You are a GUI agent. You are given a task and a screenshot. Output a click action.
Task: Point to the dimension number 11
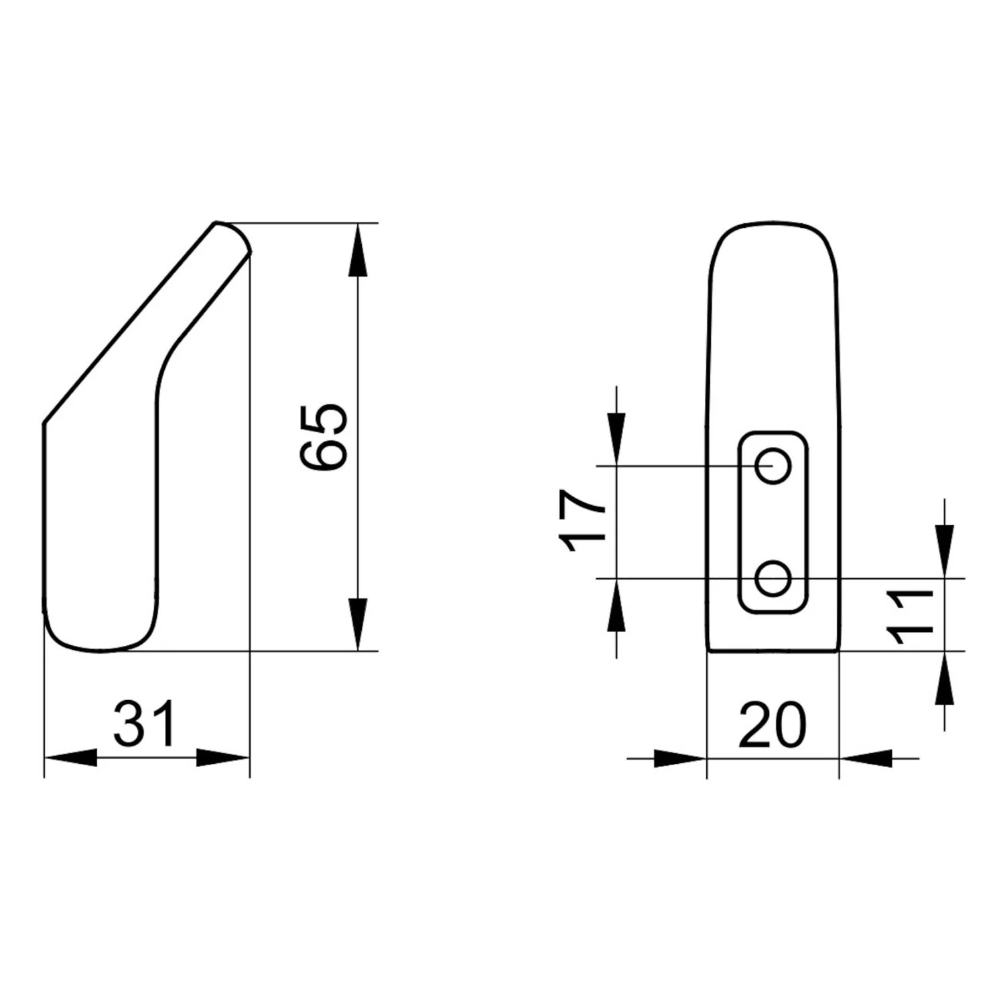coord(909,616)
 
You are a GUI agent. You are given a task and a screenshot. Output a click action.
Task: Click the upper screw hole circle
coord(773,465)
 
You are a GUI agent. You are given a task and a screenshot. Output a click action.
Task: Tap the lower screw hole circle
coord(773,578)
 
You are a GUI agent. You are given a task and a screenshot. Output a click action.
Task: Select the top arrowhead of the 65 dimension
coord(359,249)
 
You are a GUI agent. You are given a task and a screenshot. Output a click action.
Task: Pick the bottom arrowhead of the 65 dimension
coord(359,624)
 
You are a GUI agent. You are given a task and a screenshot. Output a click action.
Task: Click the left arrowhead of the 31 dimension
coord(70,758)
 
